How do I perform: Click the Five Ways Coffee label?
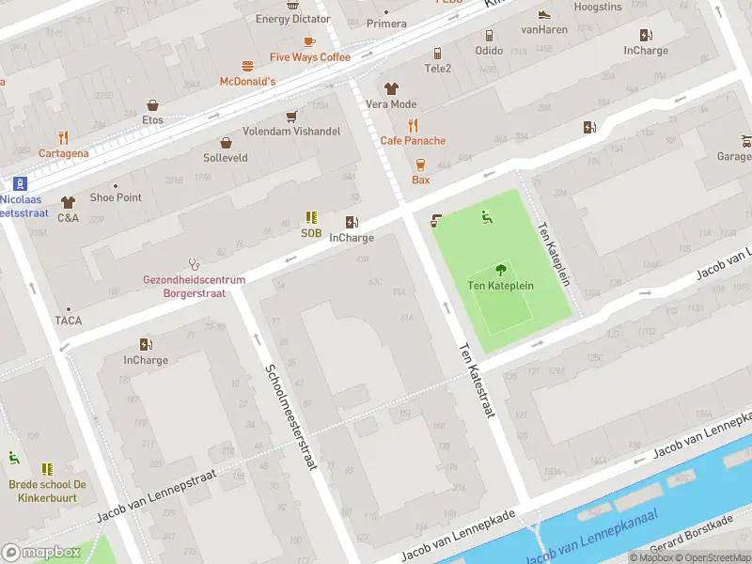click(x=309, y=57)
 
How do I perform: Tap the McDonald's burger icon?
click(x=247, y=66)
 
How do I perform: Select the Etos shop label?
click(x=152, y=120)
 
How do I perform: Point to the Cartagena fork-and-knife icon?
click(x=63, y=137)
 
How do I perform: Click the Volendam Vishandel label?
click(x=291, y=132)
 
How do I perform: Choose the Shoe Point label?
click(x=116, y=197)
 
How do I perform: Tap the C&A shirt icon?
click(x=68, y=202)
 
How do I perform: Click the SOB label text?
click(x=311, y=233)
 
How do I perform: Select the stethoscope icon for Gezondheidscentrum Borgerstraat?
click(x=194, y=264)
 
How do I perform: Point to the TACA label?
click(x=68, y=321)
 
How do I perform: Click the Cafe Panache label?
click(x=413, y=141)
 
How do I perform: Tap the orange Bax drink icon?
click(x=420, y=164)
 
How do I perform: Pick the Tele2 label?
click(x=438, y=69)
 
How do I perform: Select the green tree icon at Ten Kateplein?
click(x=500, y=269)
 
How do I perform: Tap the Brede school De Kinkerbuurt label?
click(x=47, y=491)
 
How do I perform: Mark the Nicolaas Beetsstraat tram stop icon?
click(x=20, y=184)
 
